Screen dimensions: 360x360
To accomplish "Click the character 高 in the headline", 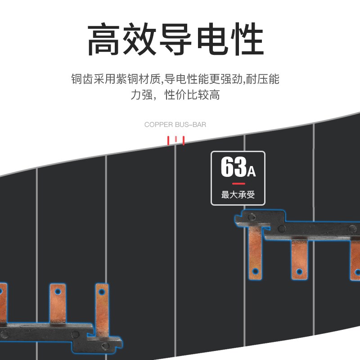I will pos(104,40).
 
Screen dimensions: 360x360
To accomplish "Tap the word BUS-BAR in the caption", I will pos(192,125).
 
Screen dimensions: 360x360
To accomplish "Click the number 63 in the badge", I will pos(233,167).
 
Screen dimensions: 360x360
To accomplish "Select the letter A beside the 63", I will pos(251,171).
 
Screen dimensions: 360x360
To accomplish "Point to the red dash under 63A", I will pos(238,184).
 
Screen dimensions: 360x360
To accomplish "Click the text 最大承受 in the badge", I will pos(238,195).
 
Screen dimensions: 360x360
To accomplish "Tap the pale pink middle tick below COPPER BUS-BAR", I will pos(176,139).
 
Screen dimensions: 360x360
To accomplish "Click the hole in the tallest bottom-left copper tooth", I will pos(102,292).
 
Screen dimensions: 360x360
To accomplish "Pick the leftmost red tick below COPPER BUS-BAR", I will pos(169,140).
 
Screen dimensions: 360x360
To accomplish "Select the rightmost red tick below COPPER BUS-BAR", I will pos(184,140).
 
